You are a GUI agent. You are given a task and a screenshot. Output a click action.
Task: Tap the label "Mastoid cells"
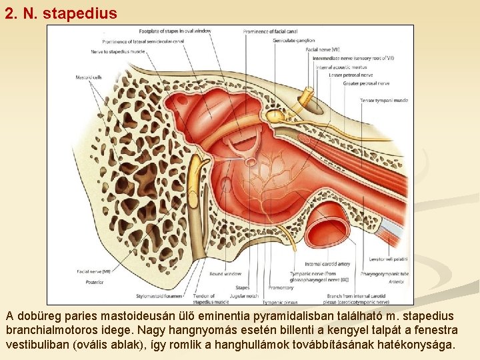point(89,77)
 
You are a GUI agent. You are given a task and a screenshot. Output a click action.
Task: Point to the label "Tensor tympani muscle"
point(385,100)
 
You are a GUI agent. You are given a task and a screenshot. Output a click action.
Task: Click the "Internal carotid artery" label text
point(327,265)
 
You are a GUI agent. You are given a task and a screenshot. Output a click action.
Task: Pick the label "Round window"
point(225,273)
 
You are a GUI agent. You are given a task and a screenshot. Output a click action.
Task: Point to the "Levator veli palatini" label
point(389,259)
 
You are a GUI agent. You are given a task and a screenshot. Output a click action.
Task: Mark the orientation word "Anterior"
point(396,282)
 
